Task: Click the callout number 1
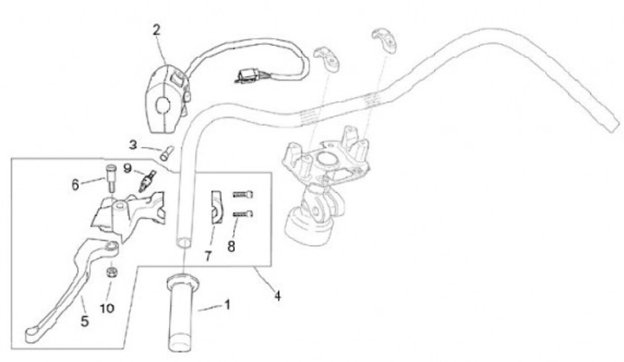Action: click(228, 305)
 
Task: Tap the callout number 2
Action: click(156, 30)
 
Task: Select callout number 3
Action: click(133, 144)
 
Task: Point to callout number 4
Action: click(277, 295)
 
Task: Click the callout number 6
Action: click(75, 184)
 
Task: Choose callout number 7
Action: click(208, 255)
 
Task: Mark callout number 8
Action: click(230, 245)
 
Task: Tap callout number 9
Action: click(127, 168)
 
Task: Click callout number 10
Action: click(107, 307)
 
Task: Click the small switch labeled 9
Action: click(147, 182)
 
